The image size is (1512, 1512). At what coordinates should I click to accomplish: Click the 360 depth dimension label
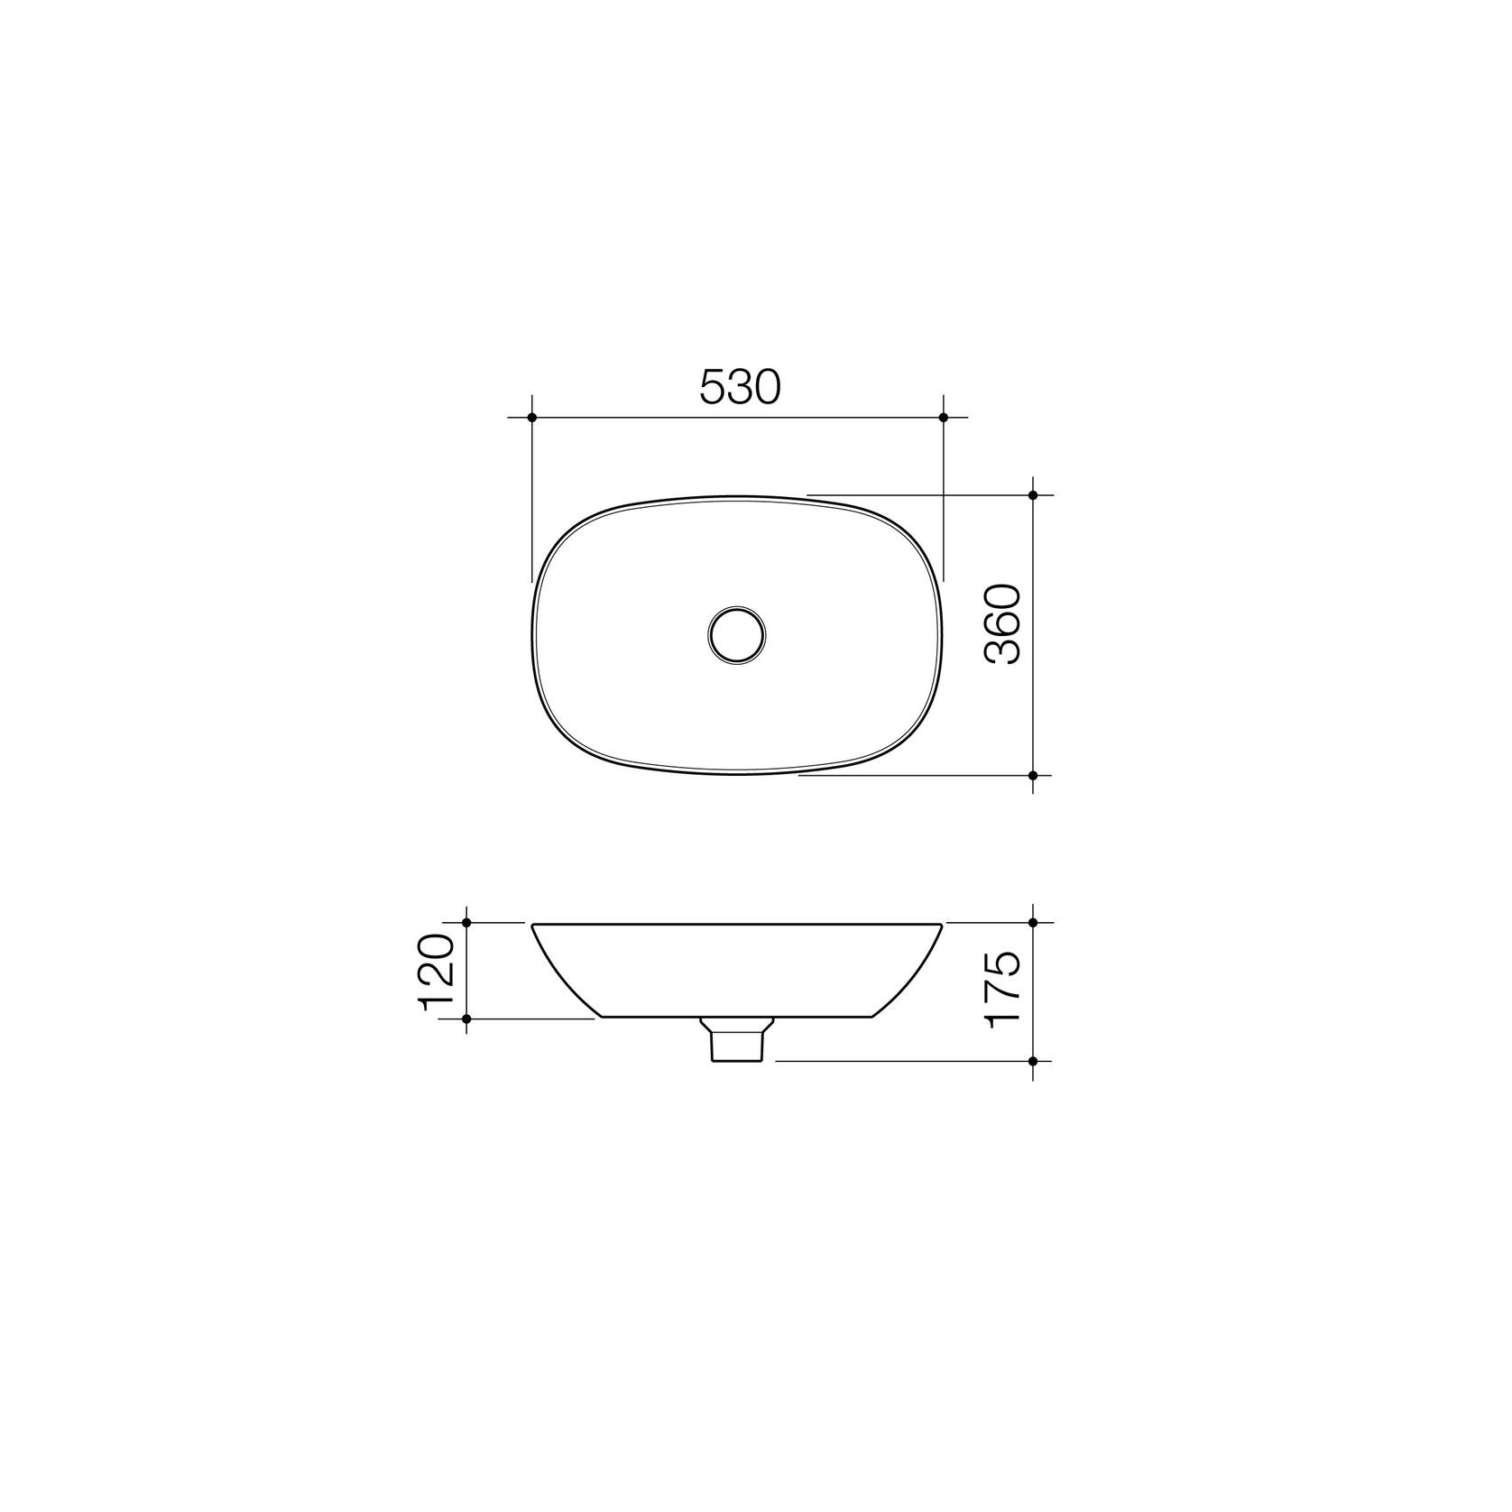[x=1003, y=624]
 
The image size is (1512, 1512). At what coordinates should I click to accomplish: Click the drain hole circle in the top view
[x=736, y=634]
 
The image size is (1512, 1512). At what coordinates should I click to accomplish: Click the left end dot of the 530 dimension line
[x=532, y=417]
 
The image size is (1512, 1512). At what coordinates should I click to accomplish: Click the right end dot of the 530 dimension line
[x=943, y=417]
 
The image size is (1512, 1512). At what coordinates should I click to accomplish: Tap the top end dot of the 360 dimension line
[x=1033, y=495]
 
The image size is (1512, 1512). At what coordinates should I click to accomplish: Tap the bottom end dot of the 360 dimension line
[x=1033, y=775]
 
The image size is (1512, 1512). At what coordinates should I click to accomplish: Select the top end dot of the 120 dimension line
[x=466, y=922]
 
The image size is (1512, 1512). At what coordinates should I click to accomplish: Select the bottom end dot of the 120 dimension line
[x=466, y=1019]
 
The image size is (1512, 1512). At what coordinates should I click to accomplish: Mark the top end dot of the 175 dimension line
[x=1033, y=922]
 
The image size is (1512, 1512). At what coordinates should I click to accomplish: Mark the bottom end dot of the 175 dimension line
[x=1033, y=1061]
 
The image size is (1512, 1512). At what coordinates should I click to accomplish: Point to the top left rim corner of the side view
[x=533, y=924]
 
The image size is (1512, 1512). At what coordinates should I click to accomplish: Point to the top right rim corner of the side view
[x=943, y=924]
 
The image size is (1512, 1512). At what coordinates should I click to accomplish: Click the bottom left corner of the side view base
[x=600, y=1017]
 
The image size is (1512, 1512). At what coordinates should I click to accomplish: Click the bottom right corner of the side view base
[x=873, y=1017]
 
